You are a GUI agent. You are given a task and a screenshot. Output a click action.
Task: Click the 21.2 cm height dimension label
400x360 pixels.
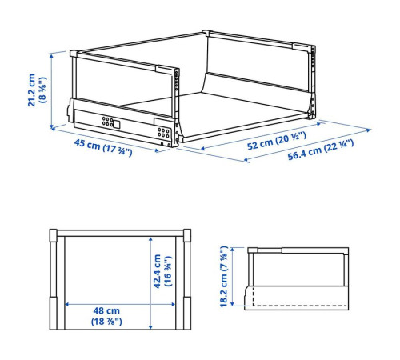tap(31, 90)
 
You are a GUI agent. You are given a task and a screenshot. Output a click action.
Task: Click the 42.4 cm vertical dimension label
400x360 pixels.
tap(158, 271)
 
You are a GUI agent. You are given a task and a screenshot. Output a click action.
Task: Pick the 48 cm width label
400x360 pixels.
tap(106, 310)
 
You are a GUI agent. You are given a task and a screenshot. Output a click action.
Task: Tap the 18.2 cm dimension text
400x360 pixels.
tap(224, 277)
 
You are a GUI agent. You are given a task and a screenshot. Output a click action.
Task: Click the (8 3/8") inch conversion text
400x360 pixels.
tap(42, 90)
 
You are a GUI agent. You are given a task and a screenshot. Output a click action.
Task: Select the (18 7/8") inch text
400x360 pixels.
tap(106, 322)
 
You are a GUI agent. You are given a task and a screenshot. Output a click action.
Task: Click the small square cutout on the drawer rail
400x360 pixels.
tap(117, 124)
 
